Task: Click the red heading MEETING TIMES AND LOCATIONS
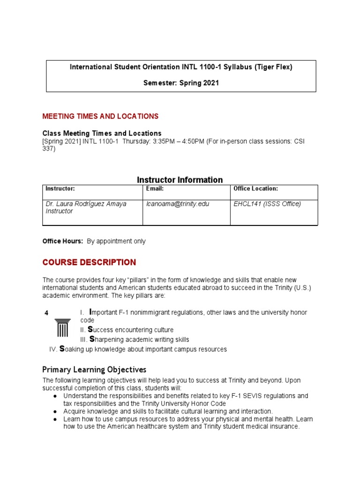100,116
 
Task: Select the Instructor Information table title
180,180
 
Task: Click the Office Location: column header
255,188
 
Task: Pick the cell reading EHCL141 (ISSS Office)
267,204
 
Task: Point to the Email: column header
155,188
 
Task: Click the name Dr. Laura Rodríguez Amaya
86,204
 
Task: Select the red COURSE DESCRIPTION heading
89,262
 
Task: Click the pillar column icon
62,327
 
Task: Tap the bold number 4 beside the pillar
46,313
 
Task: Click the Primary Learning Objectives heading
94,369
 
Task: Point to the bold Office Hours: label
63,241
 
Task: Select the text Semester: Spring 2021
180,83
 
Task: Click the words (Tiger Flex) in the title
273,67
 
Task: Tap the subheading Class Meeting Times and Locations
102,133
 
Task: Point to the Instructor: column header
60,188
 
